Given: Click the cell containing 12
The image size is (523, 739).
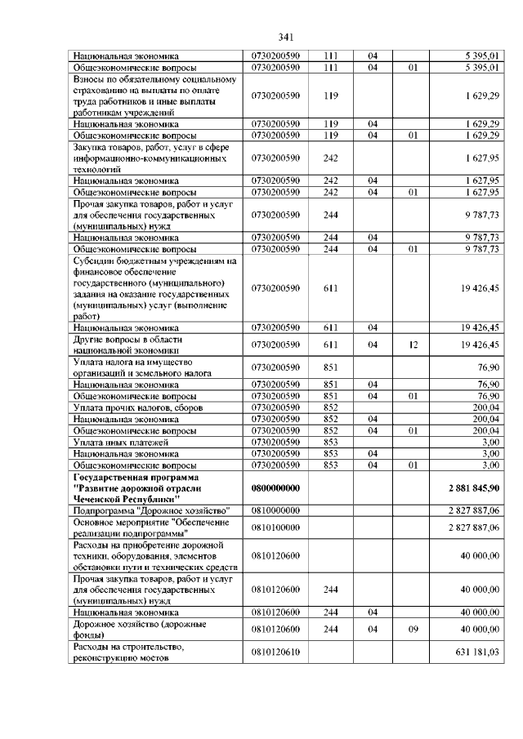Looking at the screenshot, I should (413, 345).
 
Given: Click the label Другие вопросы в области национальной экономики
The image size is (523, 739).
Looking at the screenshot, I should (131, 345).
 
